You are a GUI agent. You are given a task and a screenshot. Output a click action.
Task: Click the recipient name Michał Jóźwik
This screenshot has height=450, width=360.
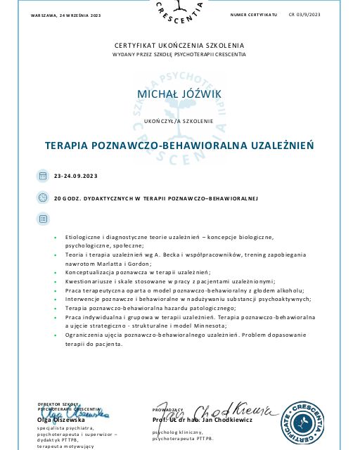[x=179, y=95]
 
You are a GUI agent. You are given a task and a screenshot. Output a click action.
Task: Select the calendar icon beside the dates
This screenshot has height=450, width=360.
[x=42, y=175]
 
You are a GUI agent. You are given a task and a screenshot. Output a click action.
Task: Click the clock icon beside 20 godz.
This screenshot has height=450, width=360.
[x=42, y=198]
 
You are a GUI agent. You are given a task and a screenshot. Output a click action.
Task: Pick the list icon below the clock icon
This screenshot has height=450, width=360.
[x=42, y=219]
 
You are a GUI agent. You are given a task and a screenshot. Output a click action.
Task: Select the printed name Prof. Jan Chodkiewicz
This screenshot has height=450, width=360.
[x=191, y=420]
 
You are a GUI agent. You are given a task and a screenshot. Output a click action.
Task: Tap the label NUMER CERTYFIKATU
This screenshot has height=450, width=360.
[x=254, y=14]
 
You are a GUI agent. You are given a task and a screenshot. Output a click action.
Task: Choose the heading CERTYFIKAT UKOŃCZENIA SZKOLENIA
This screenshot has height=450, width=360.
[x=179, y=44]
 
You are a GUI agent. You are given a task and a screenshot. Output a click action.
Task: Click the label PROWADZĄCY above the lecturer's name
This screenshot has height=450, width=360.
[x=167, y=410]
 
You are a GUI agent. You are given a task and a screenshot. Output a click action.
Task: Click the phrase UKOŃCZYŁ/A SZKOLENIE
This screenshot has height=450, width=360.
[x=179, y=121]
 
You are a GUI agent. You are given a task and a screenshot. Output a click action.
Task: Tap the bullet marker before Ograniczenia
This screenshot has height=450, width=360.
[x=55, y=335]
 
